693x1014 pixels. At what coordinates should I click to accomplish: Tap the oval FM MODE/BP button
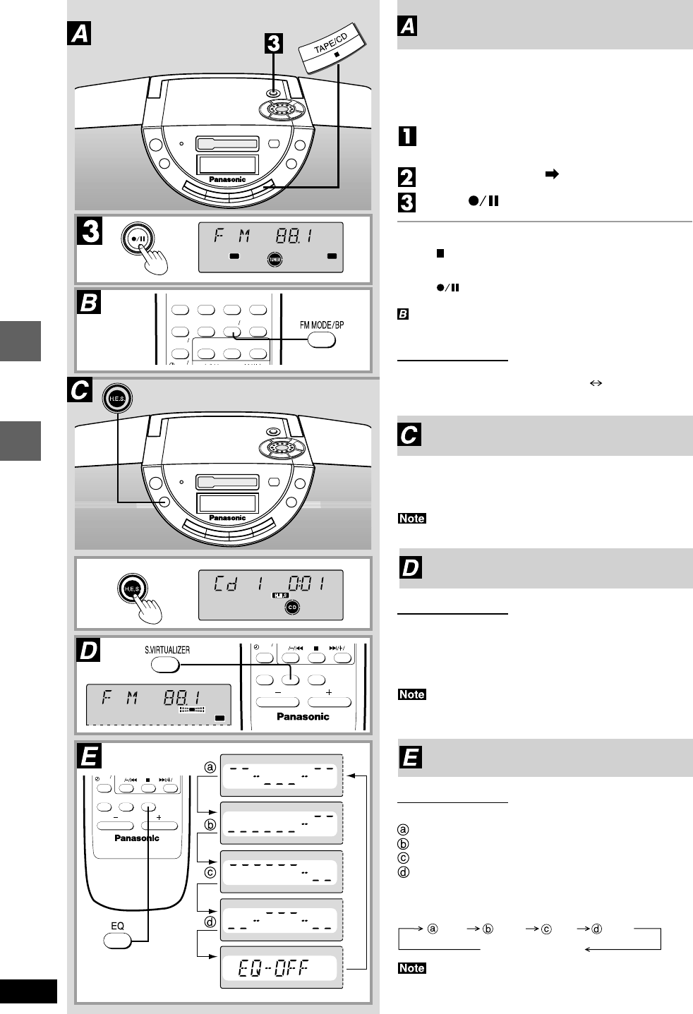[321, 340]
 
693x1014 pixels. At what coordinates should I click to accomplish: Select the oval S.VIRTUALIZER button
[165, 665]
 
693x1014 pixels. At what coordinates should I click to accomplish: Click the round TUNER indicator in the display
[274, 260]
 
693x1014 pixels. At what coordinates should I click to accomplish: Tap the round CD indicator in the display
[292, 607]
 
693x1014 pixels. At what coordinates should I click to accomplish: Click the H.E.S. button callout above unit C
[117, 399]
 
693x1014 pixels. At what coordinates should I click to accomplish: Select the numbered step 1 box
[407, 135]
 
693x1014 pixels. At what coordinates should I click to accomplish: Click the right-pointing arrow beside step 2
[553, 174]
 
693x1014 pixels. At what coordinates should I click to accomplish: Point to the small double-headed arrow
[595, 383]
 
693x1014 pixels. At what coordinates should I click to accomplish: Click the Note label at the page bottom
[411, 968]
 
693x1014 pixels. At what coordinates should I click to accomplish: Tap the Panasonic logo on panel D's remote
[303, 717]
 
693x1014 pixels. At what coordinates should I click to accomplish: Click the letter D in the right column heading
[411, 567]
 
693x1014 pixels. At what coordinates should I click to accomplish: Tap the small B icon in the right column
[403, 314]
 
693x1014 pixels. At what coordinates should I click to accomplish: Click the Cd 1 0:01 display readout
[270, 584]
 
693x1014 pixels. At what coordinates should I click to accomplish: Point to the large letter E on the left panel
[89, 756]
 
